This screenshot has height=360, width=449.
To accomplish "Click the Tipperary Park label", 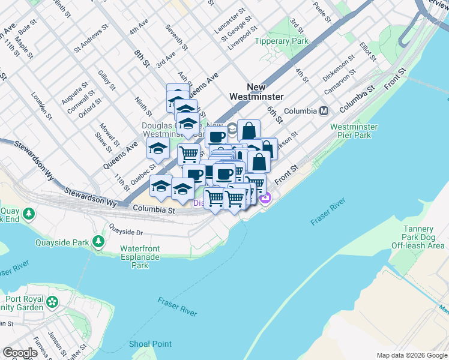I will (281, 41).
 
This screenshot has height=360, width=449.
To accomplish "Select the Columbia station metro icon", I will (324, 111).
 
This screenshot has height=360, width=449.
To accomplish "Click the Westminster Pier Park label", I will (354, 132).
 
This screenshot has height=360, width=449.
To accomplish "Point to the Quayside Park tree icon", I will (98, 242).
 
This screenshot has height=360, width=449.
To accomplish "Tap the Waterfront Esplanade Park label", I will (140, 257).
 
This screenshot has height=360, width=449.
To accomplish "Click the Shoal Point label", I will (150, 344).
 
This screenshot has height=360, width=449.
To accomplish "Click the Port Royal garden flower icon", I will (53, 301).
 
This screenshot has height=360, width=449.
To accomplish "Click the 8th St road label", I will (142, 58).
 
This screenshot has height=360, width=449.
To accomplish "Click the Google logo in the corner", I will (20, 353).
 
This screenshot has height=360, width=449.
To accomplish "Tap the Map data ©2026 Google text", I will (412, 355).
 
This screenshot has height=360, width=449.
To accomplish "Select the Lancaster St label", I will (229, 29).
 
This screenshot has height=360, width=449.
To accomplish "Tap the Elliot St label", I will (367, 52).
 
